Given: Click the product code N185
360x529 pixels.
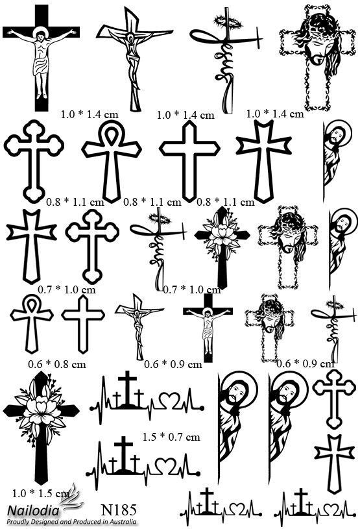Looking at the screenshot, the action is tap(119, 510).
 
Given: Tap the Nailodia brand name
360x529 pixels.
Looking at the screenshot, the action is tap(33, 510).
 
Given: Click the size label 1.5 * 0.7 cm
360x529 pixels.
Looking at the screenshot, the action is tap(171, 437).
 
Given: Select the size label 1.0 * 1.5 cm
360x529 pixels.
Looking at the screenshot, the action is tap(41, 493).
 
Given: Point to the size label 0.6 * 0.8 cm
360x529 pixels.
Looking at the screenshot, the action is tap(57, 364).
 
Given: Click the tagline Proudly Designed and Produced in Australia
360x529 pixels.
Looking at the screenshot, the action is tap(72, 522).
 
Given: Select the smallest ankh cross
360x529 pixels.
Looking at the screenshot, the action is tap(32, 323).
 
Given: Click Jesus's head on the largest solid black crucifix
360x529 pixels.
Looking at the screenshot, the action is tap(40, 35).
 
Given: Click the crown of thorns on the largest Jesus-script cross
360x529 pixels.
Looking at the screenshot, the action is tap(228, 22).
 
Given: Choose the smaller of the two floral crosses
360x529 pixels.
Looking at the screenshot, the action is tap(222, 247).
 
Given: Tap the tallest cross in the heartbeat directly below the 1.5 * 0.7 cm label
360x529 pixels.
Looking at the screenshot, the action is tap(123, 453).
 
